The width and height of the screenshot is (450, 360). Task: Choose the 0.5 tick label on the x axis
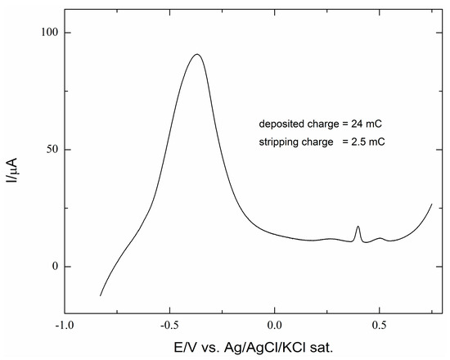pyautogui.click(x=380, y=325)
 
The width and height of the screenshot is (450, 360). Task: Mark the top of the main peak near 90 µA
pyautogui.click(x=197, y=55)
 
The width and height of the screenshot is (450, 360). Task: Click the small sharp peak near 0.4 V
pyautogui.click(x=358, y=227)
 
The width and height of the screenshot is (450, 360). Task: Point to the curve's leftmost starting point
pyautogui.click(x=101, y=295)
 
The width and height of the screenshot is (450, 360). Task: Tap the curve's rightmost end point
pyautogui.click(x=431, y=204)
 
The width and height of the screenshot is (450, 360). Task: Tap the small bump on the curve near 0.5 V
pyautogui.click(x=380, y=238)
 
